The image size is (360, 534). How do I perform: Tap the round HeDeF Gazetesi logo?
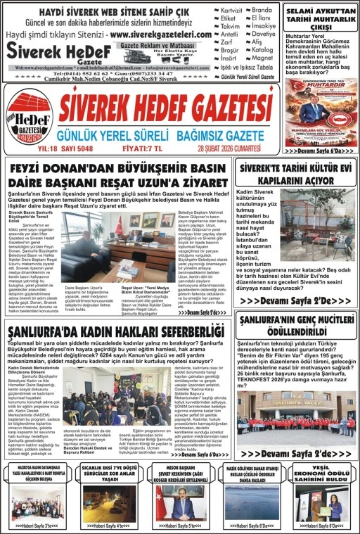point(29,117)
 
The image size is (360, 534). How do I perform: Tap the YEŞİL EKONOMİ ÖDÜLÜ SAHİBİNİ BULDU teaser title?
point(330,477)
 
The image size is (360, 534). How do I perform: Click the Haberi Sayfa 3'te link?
point(31,525)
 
